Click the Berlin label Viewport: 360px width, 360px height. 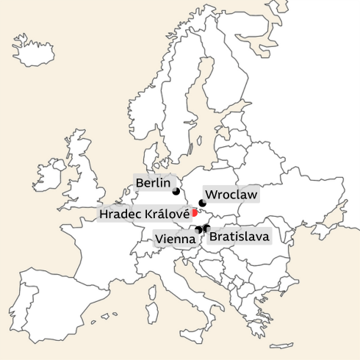tap(153, 183)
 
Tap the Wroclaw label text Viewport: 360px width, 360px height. tap(231, 195)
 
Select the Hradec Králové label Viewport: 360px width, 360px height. tap(144, 214)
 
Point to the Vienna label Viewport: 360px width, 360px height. tap(174, 239)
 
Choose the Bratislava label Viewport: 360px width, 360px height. tap(239, 237)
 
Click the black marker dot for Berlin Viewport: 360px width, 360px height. tap(176, 192)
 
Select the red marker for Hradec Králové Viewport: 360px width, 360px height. tap(194, 212)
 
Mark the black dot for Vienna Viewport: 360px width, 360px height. tap(199, 229)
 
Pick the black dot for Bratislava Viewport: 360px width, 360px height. tap(207, 228)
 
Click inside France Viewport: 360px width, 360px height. tap(110, 242)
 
